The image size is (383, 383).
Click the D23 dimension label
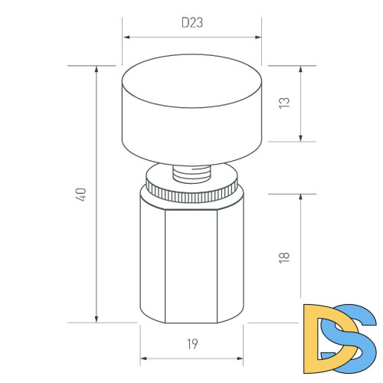(192, 23)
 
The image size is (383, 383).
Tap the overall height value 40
(81, 194)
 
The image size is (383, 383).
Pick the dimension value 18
(286, 257)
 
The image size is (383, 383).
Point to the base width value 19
(192, 345)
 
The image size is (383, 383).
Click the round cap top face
(191, 79)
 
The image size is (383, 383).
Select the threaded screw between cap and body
(191, 172)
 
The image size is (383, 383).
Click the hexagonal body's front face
(191, 260)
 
